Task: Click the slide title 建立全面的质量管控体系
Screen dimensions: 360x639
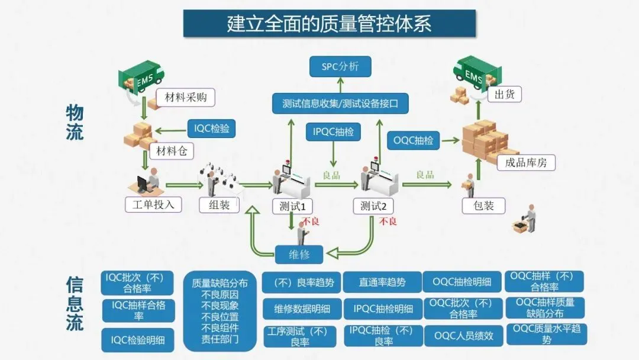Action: (329, 24)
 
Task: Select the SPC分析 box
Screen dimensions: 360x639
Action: (340, 66)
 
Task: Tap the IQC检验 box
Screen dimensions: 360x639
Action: (211, 128)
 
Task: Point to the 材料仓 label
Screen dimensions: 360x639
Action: (172, 152)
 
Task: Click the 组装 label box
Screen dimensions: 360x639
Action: (219, 205)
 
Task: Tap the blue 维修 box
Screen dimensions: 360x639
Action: (299, 255)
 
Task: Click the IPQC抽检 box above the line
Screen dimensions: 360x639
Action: (333, 132)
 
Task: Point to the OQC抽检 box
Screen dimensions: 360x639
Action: (414, 141)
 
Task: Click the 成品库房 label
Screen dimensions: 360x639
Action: (526, 162)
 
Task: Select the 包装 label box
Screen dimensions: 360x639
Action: (484, 205)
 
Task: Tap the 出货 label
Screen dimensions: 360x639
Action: (504, 94)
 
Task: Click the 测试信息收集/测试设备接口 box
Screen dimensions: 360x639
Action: (340, 104)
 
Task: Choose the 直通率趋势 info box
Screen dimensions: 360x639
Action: (382, 282)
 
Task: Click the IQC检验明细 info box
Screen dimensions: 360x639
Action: (138, 340)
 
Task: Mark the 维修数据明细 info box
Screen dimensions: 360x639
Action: (302, 308)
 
